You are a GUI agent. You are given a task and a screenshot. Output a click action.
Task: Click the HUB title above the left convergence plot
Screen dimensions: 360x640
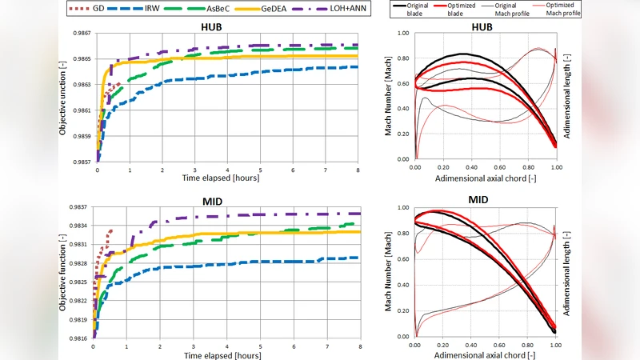pyautogui.click(x=211, y=26)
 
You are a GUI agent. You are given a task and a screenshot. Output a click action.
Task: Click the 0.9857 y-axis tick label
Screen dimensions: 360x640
pyautogui.click(x=78, y=162)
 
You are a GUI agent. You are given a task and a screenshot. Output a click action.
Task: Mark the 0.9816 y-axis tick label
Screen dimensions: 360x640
pyautogui.click(x=78, y=338)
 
